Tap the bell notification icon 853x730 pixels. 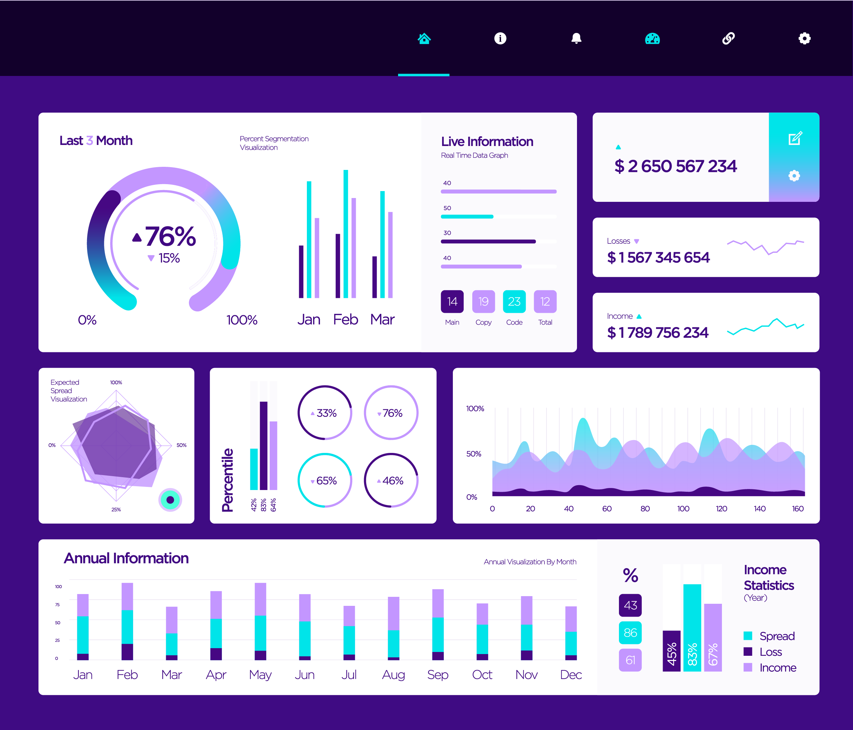pos(576,38)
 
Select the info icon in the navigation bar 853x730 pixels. pos(500,38)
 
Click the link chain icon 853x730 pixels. pos(728,38)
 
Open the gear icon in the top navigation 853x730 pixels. pos(804,38)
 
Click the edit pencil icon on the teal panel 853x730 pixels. pos(795,138)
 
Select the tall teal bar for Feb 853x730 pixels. pos(346,234)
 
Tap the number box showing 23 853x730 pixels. pos(514,301)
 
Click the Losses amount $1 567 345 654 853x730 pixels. pos(658,257)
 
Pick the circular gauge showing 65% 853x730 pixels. pos(325,480)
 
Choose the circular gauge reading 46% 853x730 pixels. pos(391,480)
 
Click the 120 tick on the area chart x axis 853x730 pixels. pos(721,508)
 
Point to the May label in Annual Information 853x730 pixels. pos(260,675)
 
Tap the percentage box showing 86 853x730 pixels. pos(630,633)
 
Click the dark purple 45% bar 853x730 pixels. pos(671,651)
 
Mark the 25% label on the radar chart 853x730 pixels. pos(116,509)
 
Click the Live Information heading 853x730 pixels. pos(487,141)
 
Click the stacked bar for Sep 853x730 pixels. pos(438,624)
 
